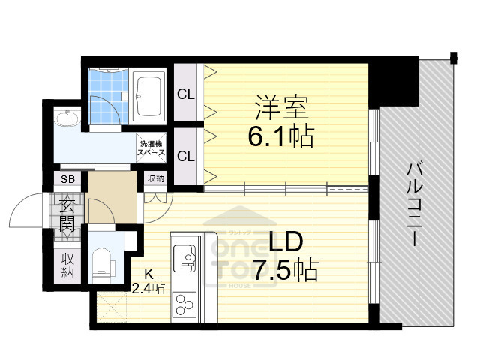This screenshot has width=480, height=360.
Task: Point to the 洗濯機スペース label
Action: tap(151, 147)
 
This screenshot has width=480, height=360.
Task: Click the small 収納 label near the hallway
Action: tap(155, 178)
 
